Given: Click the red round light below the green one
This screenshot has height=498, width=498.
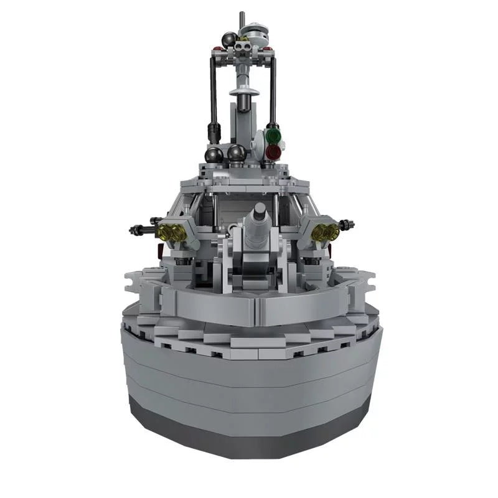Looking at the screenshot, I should pyautogui.click(x=273, y=151).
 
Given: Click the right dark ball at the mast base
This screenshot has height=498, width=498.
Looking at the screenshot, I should pyautogui.click(x=236, y=153).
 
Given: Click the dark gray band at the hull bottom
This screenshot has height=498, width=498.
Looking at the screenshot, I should pyautogui.click(x=249, y=430).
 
